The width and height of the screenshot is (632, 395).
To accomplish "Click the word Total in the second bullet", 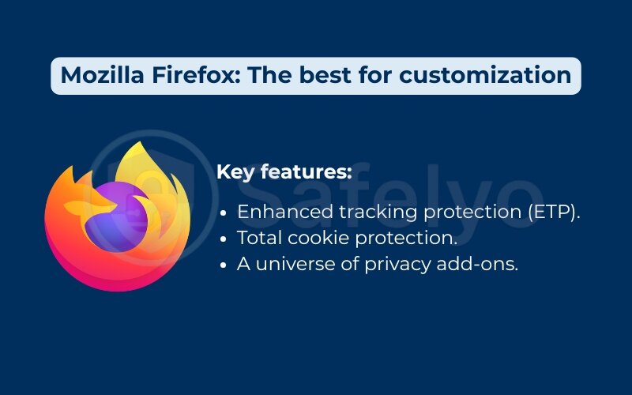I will click(x=258, y=238).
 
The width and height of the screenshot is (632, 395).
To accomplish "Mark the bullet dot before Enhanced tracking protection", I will click(x=225, y=213).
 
